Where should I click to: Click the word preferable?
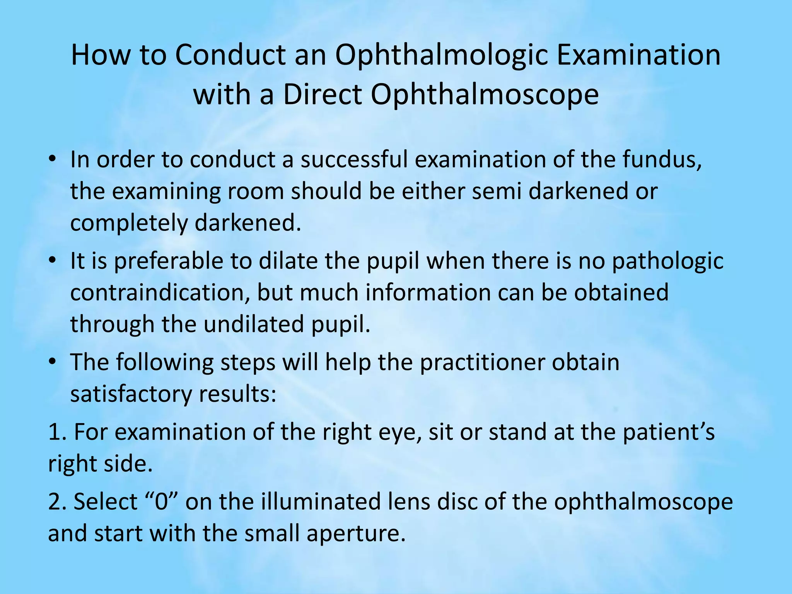pos(169,261)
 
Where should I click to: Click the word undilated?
pos(254,324)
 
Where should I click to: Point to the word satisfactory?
pos(130,394)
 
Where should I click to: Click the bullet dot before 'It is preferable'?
pos(53,260)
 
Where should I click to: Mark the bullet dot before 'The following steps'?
pos(53,362)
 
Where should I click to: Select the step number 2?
pos(56,502)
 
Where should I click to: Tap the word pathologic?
pos(667,261)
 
